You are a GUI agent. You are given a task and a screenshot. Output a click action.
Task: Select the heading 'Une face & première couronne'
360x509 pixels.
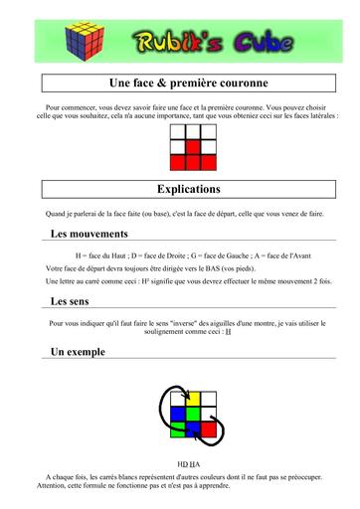[x=180, y=84]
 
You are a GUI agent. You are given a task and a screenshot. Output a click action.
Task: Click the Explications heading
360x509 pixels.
[x=180, y=189]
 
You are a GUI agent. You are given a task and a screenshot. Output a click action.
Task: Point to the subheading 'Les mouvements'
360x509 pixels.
[x=89, y=234]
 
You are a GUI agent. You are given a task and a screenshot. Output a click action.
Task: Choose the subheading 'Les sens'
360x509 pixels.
[x=73, y=301]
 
